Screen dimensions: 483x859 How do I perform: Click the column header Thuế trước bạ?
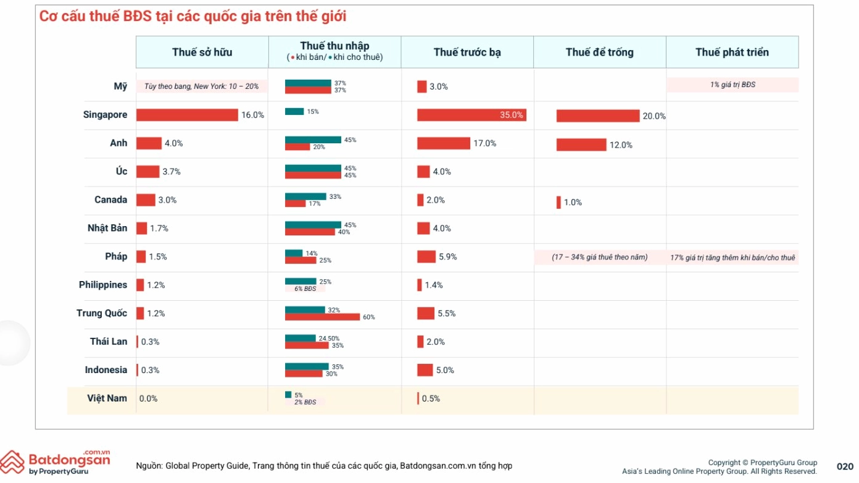pos(467,52)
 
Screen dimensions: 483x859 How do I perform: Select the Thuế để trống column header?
pos(599,52)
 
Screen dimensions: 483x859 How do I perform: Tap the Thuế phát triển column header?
pos(732,52)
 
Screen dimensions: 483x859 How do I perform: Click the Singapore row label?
pos(105,115)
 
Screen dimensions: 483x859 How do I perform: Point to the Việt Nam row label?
pos(107,398)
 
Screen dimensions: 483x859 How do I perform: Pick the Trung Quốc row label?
pos(102,313)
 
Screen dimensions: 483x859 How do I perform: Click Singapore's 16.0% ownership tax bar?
pos(187,115)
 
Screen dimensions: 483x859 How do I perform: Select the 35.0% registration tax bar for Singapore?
pos(471,115)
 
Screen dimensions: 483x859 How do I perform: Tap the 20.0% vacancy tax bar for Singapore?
pos(597,116)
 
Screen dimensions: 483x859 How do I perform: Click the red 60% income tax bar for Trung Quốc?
pos(322,317)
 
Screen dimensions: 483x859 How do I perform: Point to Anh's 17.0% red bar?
pos(443,143)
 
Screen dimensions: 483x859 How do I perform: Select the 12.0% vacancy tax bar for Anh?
pos(581,145)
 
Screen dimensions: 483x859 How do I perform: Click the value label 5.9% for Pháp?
pos(447,257)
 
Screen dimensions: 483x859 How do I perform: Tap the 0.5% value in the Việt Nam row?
pos(431,399)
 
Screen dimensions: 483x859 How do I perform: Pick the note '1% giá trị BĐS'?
pos(732,85)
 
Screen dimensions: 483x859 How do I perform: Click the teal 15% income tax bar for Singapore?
pos(294,112)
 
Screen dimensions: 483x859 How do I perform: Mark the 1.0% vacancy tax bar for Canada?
pos(558,203)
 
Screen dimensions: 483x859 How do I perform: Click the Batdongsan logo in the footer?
pos(56,462)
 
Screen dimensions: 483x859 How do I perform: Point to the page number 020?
pos(845,466)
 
